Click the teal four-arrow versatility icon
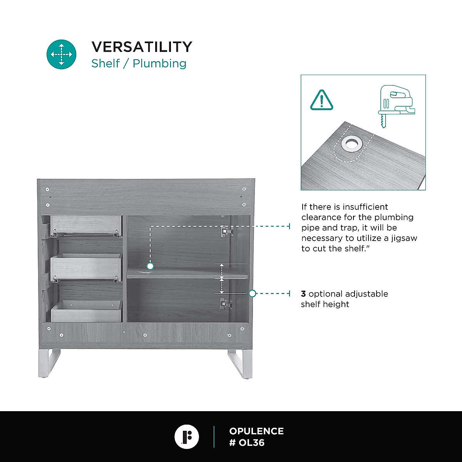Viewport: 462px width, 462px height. pos(62,54)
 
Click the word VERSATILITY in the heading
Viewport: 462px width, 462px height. pos(142,47)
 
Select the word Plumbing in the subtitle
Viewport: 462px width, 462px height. pos(159,64)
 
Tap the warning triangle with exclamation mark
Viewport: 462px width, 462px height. pos(321,100)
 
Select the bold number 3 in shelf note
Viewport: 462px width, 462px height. pos(303,294)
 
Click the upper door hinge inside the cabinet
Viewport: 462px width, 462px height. pos(226,231)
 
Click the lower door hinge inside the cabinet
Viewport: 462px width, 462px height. pos(226,304)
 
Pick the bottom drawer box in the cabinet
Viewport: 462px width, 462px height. pos(86,311)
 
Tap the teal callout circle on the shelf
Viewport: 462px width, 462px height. pos(150,266)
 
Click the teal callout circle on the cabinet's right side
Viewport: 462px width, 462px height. pos(252,293)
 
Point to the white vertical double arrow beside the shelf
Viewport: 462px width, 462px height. pos(222,279)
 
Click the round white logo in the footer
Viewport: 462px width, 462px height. pos(187,437)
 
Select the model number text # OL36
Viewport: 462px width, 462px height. pos(247,443)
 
